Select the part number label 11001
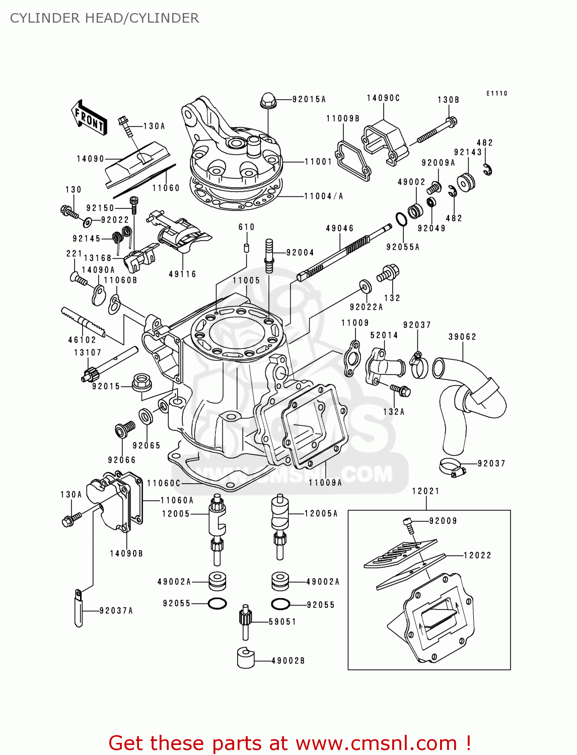point(318,162)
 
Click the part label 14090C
point(383,98)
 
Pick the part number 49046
point(340,229)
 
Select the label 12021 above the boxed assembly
point(425,491)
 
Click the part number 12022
point(477,555)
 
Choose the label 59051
point(282,622)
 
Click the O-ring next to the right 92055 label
point(280,603)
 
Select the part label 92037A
point(116,611)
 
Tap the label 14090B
point(126,553)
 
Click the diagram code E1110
point(496,93)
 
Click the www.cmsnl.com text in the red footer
point(376,743)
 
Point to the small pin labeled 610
point(247,247)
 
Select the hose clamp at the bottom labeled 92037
point(452,467)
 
